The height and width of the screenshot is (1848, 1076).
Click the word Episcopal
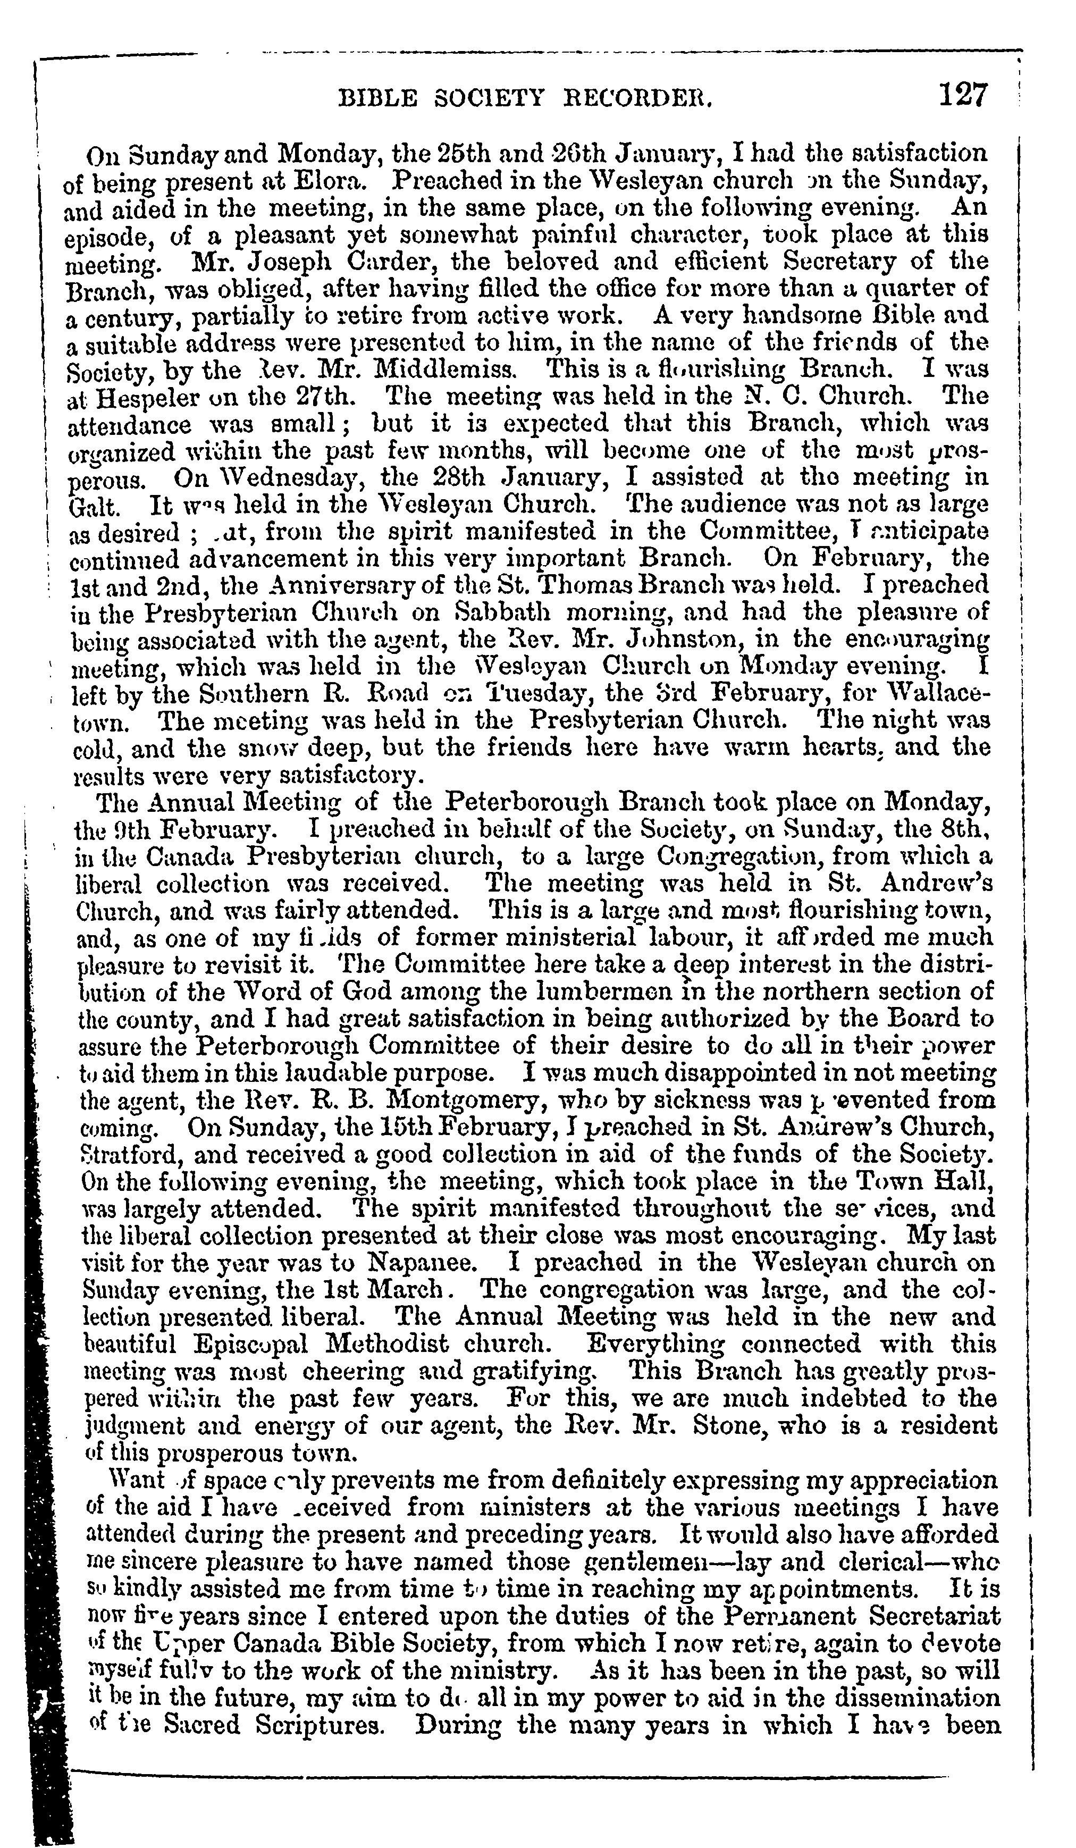[x=257, y=1344]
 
